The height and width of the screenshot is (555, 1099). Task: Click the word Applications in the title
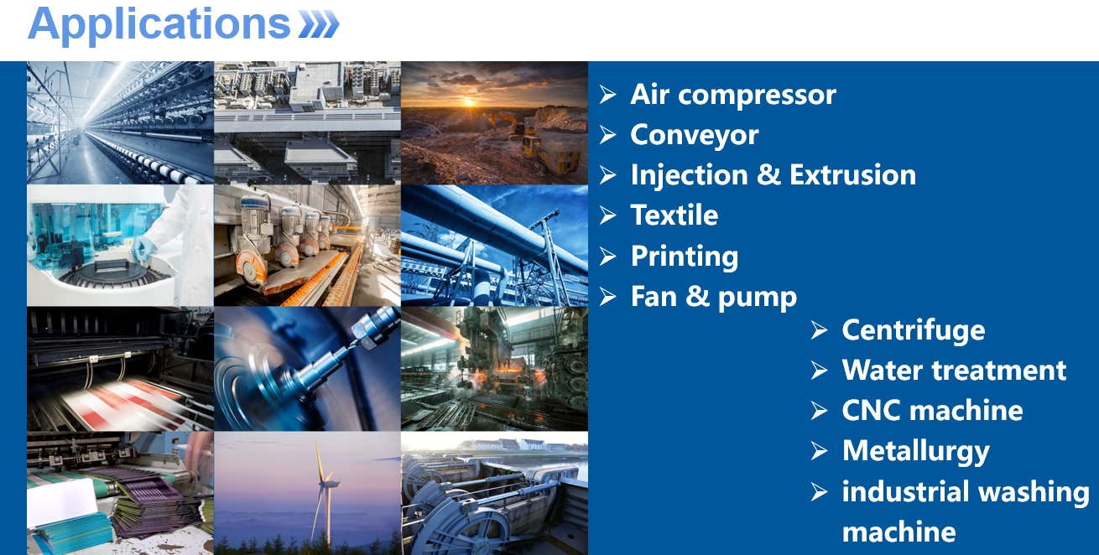[159, 25]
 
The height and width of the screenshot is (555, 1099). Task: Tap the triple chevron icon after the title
[319, 24]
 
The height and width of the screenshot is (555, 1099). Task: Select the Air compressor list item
[733, 94]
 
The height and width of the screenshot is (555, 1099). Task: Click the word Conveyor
[695, 136]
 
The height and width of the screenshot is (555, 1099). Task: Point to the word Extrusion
[852, 174]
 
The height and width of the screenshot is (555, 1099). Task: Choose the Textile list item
[675, 215]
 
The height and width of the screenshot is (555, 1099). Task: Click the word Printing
[685, 257]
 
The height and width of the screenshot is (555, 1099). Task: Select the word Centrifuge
[914, 331]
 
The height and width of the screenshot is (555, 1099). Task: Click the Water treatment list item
[954, 370]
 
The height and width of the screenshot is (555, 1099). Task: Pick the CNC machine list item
[932, 410]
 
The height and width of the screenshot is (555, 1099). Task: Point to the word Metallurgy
[915, 452]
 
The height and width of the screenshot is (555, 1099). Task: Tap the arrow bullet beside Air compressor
[607, 95]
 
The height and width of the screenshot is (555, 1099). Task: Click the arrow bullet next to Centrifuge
[820, 330]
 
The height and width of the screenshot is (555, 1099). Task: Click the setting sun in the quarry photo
[469, 102]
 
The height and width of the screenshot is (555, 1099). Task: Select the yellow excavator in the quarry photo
[509, 124]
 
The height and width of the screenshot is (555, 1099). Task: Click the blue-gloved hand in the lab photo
[143, 248]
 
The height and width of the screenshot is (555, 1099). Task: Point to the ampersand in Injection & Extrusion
[768, 174]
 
